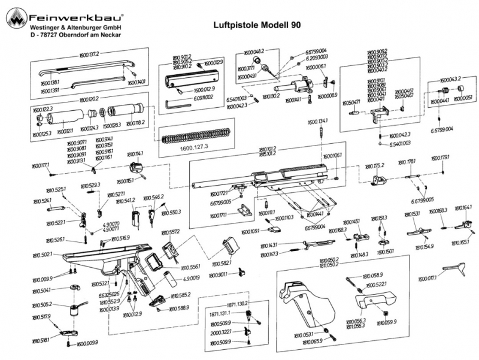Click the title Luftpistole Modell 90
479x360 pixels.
(257, 26)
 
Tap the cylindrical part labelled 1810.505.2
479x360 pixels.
(75, 310)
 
